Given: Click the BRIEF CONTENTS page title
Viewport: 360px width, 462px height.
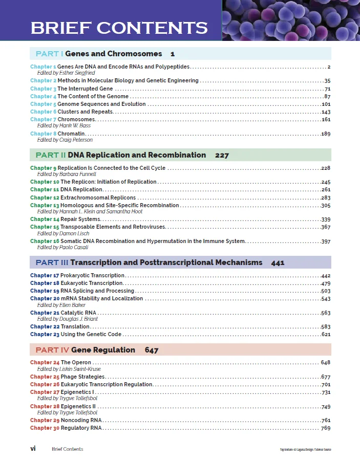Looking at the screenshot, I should [119, 28].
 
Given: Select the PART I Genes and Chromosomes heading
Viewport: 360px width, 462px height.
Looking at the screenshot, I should [105, 54].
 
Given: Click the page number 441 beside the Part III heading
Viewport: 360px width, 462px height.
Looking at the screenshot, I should [278, 262].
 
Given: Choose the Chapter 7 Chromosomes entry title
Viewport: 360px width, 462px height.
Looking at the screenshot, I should [76, 119].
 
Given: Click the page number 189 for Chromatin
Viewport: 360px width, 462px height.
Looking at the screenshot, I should [325, 134].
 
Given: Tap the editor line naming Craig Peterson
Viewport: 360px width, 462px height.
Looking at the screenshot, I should [65, 140].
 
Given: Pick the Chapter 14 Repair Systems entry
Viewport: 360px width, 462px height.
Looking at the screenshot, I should [80, 219].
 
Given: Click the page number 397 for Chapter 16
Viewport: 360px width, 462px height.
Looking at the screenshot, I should [325, 241].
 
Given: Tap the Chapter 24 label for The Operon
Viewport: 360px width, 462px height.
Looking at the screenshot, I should [45, 362].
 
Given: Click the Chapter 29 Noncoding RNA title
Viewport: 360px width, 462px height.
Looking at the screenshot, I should [81, 420].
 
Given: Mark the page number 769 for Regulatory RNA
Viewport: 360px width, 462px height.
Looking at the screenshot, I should [325, 428].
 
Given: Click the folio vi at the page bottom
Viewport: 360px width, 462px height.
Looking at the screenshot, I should [33, 449].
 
